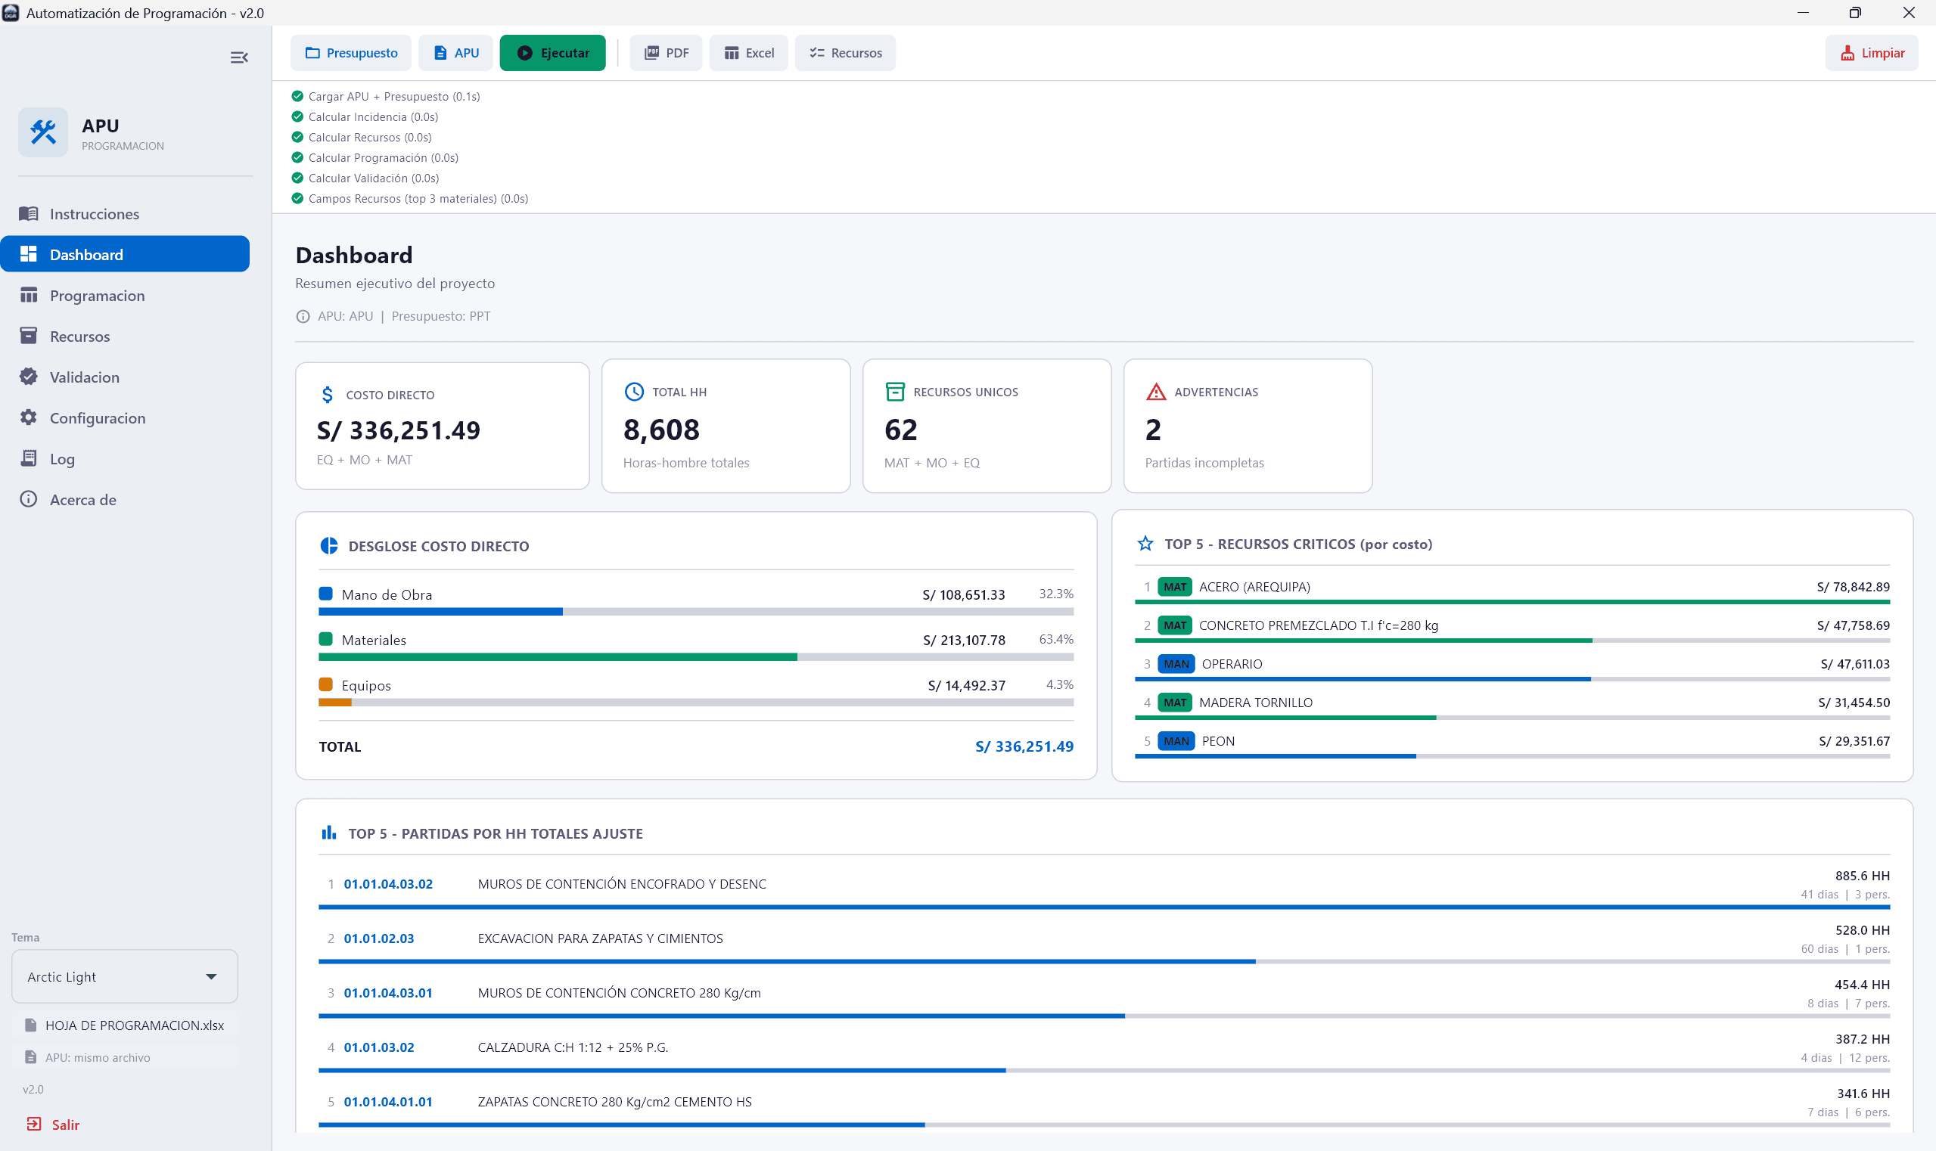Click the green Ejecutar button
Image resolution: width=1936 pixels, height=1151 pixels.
tap(552, 53)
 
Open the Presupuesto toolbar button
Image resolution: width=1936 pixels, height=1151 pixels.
tap(352, 53)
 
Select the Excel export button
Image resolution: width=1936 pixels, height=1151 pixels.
tap(748, 53)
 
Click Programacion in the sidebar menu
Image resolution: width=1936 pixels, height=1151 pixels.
tap(97, 296)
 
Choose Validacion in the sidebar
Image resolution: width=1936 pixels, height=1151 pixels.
tap(85, 377)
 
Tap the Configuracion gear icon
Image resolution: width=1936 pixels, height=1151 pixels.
tap(29, 417)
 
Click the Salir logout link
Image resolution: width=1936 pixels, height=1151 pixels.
tap(65, 1125)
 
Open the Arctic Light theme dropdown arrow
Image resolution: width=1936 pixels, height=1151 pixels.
tap(211, 976)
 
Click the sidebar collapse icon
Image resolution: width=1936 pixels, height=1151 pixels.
tap(239, 57)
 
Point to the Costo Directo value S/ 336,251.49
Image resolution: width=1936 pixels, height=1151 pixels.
tap(398, 430)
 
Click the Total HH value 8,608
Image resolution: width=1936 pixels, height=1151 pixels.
tap(661, 430)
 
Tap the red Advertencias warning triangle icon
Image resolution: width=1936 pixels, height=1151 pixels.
tap(1155, 392)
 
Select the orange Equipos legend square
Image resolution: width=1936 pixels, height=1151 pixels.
tap(326, 685)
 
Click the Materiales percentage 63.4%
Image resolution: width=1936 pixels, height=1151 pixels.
tap(1055, 639)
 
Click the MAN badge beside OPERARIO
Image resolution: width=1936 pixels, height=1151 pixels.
tap(1176, 664)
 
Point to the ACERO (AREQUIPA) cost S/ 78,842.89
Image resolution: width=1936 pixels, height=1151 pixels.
tap(1852, 587)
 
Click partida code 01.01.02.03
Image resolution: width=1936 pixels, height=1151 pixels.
tap(379, 938)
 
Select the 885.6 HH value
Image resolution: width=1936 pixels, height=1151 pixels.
tap(1862, 876)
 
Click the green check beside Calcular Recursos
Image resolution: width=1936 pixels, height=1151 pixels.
tap(297, 138)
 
